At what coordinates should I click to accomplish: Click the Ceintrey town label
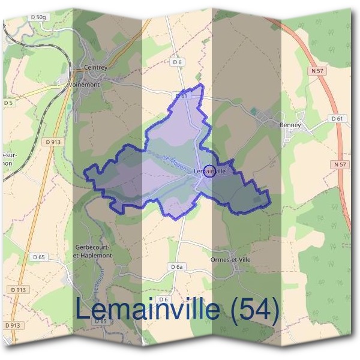(x=96, y=68)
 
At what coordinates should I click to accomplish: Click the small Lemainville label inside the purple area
(x=210, y=171)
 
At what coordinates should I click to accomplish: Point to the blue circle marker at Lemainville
(x=209, y=171)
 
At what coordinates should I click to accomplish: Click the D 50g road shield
(x=37, y=17)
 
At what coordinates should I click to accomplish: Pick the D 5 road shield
(x=8, y=103)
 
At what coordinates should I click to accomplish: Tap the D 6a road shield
(x=176, y=266)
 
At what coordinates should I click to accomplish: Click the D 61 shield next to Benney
(x=337, y=119)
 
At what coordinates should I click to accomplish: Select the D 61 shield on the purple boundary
(x=182, y=96)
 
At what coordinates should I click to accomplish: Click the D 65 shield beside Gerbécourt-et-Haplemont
(x=39, y=257)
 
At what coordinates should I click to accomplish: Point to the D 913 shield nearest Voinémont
(x=53, y=142)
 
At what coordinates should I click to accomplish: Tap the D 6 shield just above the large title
(x=163, y=299)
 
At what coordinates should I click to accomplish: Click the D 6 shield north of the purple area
(x=176, y=62)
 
